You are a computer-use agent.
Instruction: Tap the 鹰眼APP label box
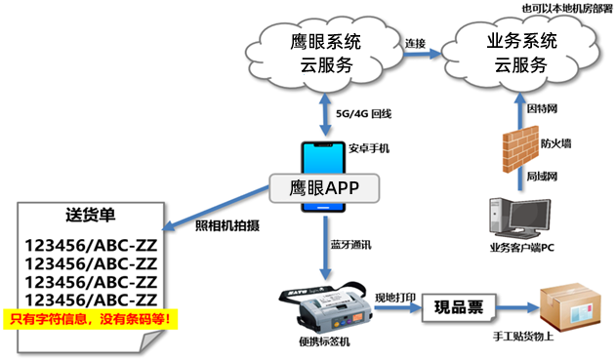coord(324,188)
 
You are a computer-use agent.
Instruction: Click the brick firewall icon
coord(520,149)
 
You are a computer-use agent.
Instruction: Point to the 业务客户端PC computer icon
coord(519,219)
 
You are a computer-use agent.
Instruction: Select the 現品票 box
coord(459,307)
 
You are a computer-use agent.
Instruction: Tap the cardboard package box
coord(570,306)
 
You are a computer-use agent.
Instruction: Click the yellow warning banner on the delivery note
coord(91,319)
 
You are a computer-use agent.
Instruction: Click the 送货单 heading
coord(91,215)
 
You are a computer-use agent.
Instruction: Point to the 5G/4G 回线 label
coord(363,114)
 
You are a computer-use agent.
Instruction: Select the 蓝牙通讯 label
coord(350,245)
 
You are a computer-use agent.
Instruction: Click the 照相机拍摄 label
coord(227,225)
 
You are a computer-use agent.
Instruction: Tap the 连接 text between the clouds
coord(415,43)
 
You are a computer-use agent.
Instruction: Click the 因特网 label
coord(542,108)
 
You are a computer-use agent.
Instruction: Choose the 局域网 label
coord(542,177)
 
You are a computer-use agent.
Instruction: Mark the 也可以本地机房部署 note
coord(567,9)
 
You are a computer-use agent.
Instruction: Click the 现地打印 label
coord(395,298)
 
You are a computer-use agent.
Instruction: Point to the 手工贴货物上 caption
coord(523,337)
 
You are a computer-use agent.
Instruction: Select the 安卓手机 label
coord(369,148)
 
